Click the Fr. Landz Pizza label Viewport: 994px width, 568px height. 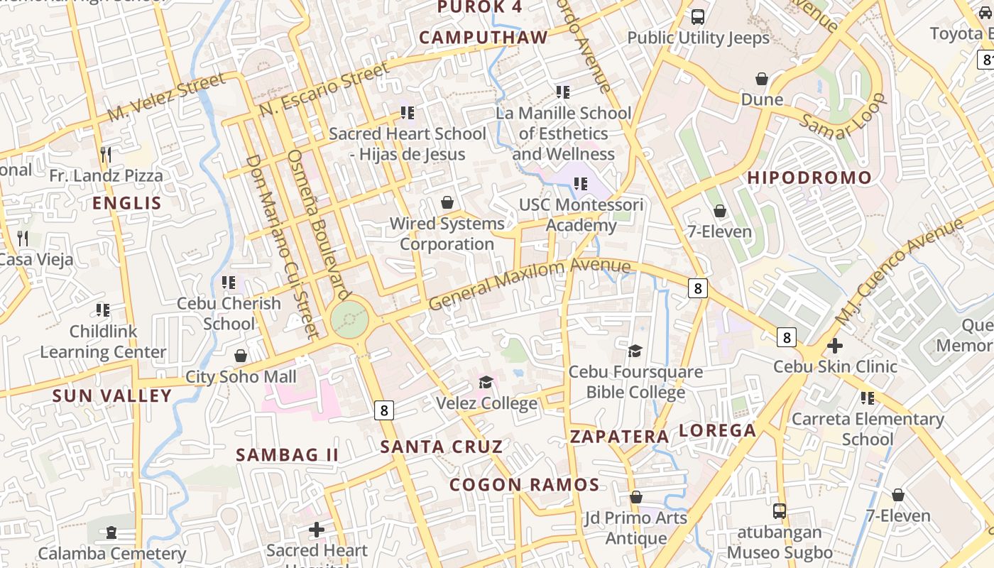click(x=106, y=175)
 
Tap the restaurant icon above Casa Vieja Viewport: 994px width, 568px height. click(x=23, y=238)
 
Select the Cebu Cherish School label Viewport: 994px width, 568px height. click(x=229, y=313)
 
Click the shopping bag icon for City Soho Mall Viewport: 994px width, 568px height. click(x=241, y=355)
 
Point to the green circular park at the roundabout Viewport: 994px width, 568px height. click(x=349, y=319)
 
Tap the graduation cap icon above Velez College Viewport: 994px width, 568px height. click(x=486, y=383)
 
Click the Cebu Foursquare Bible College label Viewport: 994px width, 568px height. click(x=635, y=381)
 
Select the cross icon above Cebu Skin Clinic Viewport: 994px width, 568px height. click(x=835, y=346)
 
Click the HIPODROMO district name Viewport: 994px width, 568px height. click(x=809, y=178)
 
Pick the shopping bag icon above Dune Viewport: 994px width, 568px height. click(x=762, y=78)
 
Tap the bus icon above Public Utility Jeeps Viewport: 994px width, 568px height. click(x=698, y=17)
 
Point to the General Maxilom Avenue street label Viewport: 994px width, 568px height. click(x=530, y=283)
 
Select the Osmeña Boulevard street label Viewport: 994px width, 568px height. click(x=319, y=224)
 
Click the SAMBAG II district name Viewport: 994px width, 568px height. click(x=287, y=454)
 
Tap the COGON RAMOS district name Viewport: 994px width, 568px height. click(x=525, y=485)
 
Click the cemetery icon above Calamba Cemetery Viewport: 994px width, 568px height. click(x=111, y=532)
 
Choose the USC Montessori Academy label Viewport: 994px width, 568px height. click(x=581, y=215)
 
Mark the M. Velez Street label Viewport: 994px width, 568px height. click(x=166, y=97)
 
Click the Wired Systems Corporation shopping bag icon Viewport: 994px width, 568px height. click(x=447, y=203)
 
